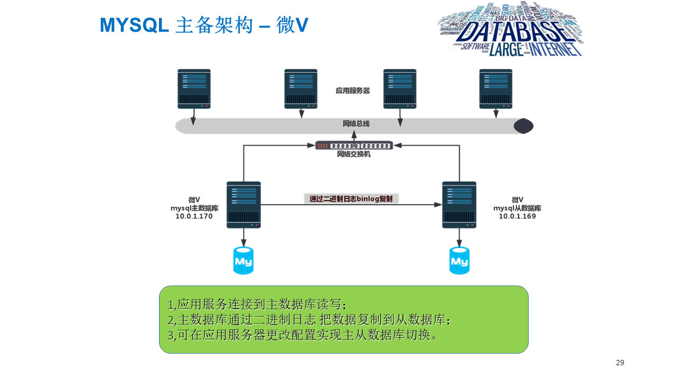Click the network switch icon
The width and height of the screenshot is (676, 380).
click(354, 145)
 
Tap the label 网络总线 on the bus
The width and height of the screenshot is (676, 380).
click(356, 124)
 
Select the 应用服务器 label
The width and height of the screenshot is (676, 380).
click(353, 91)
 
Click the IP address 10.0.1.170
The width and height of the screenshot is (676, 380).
click(194, 216)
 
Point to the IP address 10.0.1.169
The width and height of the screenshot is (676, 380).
click(517, 216)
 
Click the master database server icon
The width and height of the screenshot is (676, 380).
click(243, 204)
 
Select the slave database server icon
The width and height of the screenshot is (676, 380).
click(459, 204)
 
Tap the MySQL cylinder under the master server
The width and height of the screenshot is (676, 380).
click(243, 261)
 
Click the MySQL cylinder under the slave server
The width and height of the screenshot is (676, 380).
click(459, 261)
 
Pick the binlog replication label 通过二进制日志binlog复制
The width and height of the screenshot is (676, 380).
click(351, 199)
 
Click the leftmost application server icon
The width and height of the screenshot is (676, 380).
click(194, 89)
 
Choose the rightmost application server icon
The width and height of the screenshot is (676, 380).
click(496, 89)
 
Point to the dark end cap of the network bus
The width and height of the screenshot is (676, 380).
click(523, 126)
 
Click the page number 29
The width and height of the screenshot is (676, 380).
click(620, 363)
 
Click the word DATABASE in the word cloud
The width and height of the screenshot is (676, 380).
click(510, 33)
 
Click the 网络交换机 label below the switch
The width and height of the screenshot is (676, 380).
click(354, 155)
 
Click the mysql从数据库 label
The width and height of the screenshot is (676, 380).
click(517, 208)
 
